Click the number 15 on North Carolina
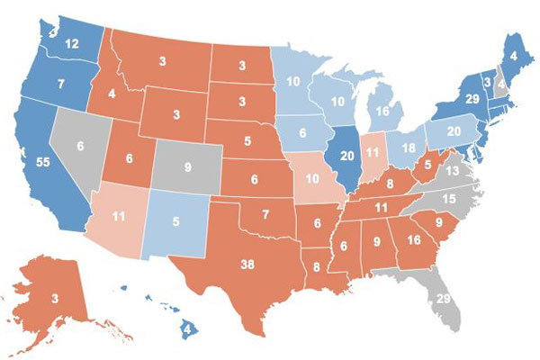tap(447, 199)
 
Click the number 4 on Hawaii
tap(185, 328)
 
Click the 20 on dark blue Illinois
tap(348, 154)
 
